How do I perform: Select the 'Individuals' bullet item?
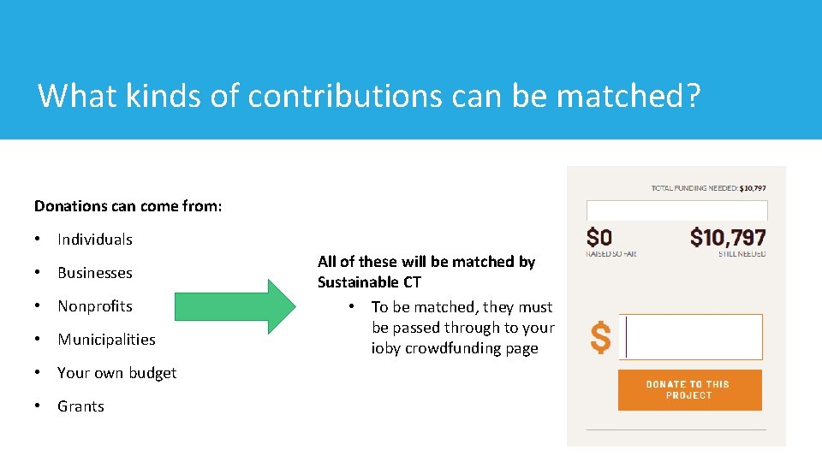[94, 240]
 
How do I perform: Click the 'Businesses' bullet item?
[94, 273]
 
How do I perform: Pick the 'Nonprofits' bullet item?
[94, 306]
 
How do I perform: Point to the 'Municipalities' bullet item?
[106, 340]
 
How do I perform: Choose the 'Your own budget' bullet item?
[116, 373]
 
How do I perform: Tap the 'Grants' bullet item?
[80, 406]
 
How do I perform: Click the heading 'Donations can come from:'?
[128, 206]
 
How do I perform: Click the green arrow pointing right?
[234, 306]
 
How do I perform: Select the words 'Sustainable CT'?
[369, 282]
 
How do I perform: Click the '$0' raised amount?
[599, 236]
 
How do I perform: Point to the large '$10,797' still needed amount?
[728, 236]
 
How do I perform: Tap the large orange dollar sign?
[601, 337]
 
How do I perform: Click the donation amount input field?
[690, 337]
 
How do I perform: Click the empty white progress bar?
[676, 210]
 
